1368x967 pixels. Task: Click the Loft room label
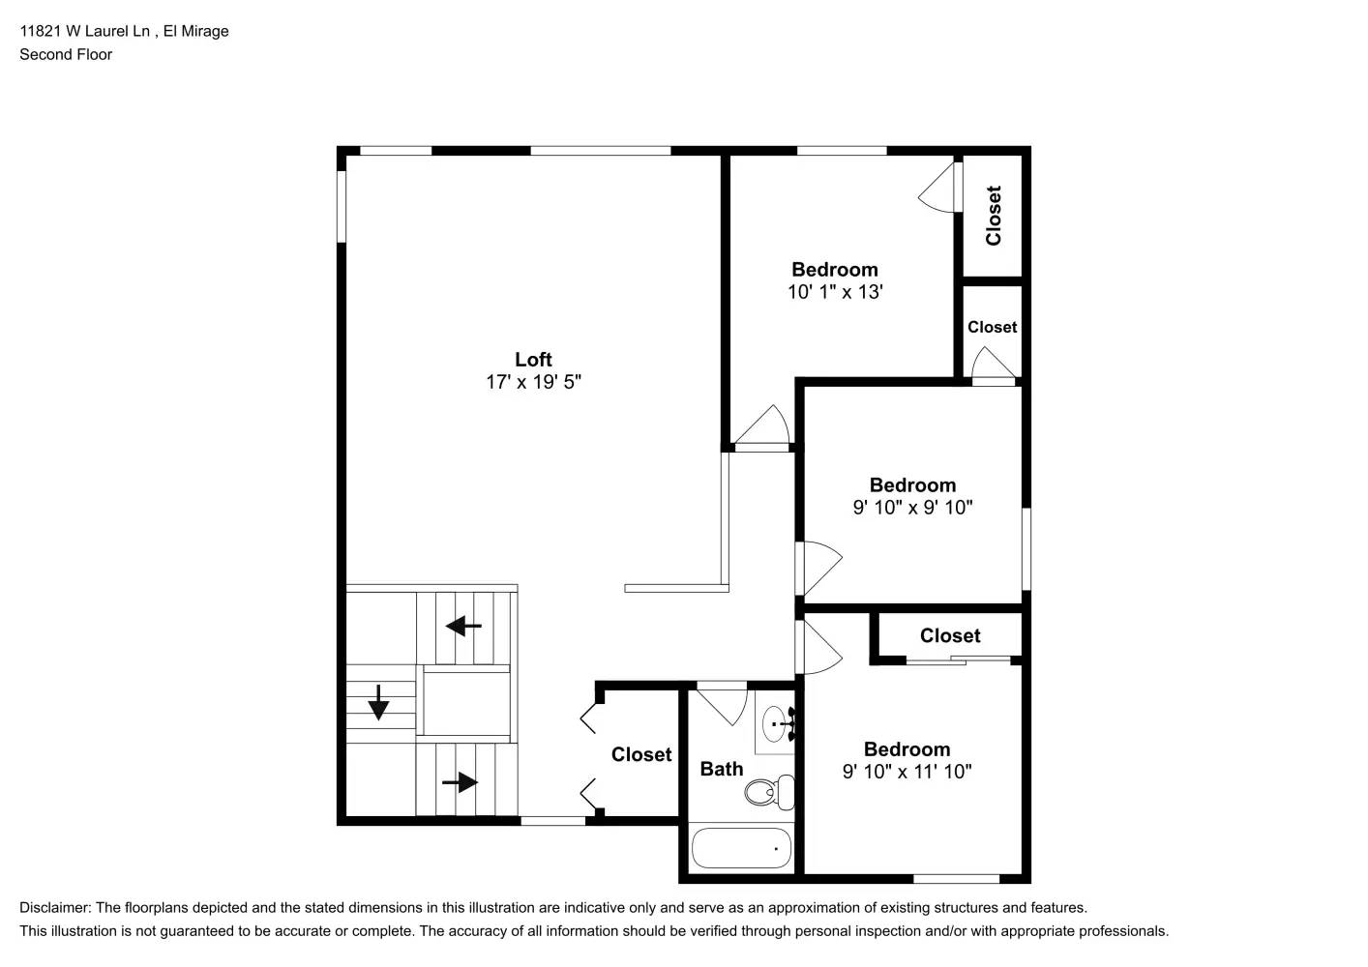click(533, 360)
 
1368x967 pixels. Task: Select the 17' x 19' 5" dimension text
click(533, 382)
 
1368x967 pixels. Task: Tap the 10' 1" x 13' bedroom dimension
click(835, 292)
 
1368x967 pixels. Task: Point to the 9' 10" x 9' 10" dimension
click(912, 508)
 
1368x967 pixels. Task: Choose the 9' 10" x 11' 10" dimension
click(907, 772)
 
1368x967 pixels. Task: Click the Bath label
click(722, 769)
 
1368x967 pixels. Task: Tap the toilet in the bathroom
click(769, 792)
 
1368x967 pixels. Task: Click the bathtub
click(741, 848)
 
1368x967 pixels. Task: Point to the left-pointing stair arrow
click(463, 627)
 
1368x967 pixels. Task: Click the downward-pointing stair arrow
click(378, 702)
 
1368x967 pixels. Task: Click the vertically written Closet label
click(994, 216)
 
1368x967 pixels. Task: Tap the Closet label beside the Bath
click(640, 754)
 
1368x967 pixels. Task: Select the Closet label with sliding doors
click(949, 635)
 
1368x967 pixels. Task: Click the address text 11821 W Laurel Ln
click(85, 31)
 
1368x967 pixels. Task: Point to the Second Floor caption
click(66, 54)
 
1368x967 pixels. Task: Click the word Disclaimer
click(54, 907)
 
